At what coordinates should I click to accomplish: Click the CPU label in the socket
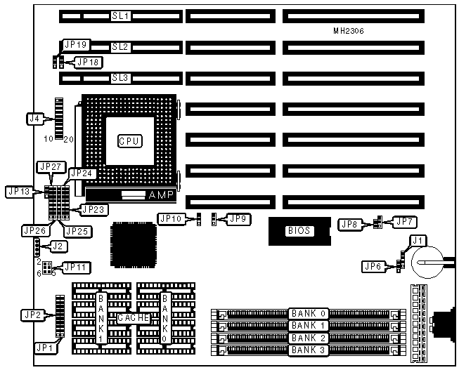click(129, 141)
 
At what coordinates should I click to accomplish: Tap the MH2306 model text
click(349, 32)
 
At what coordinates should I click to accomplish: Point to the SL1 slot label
click(120, 15)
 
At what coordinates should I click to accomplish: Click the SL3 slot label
click(120, 78)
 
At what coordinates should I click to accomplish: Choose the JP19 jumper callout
click(75, 44)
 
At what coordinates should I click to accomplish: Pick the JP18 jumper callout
click(89, 62)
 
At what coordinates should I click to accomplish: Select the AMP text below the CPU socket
click(156, 194)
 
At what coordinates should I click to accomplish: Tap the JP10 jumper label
click(171, 219)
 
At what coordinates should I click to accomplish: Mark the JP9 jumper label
click(238, 219)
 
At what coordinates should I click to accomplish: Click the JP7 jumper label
click(403, 223)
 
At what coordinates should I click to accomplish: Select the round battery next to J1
click(425, 265)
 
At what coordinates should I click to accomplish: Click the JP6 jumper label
click(373, 266)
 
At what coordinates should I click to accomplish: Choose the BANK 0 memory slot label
click(309, 314)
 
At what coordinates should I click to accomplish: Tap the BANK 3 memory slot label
click(309, 349)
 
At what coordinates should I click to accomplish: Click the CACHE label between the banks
click(134, 317)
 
